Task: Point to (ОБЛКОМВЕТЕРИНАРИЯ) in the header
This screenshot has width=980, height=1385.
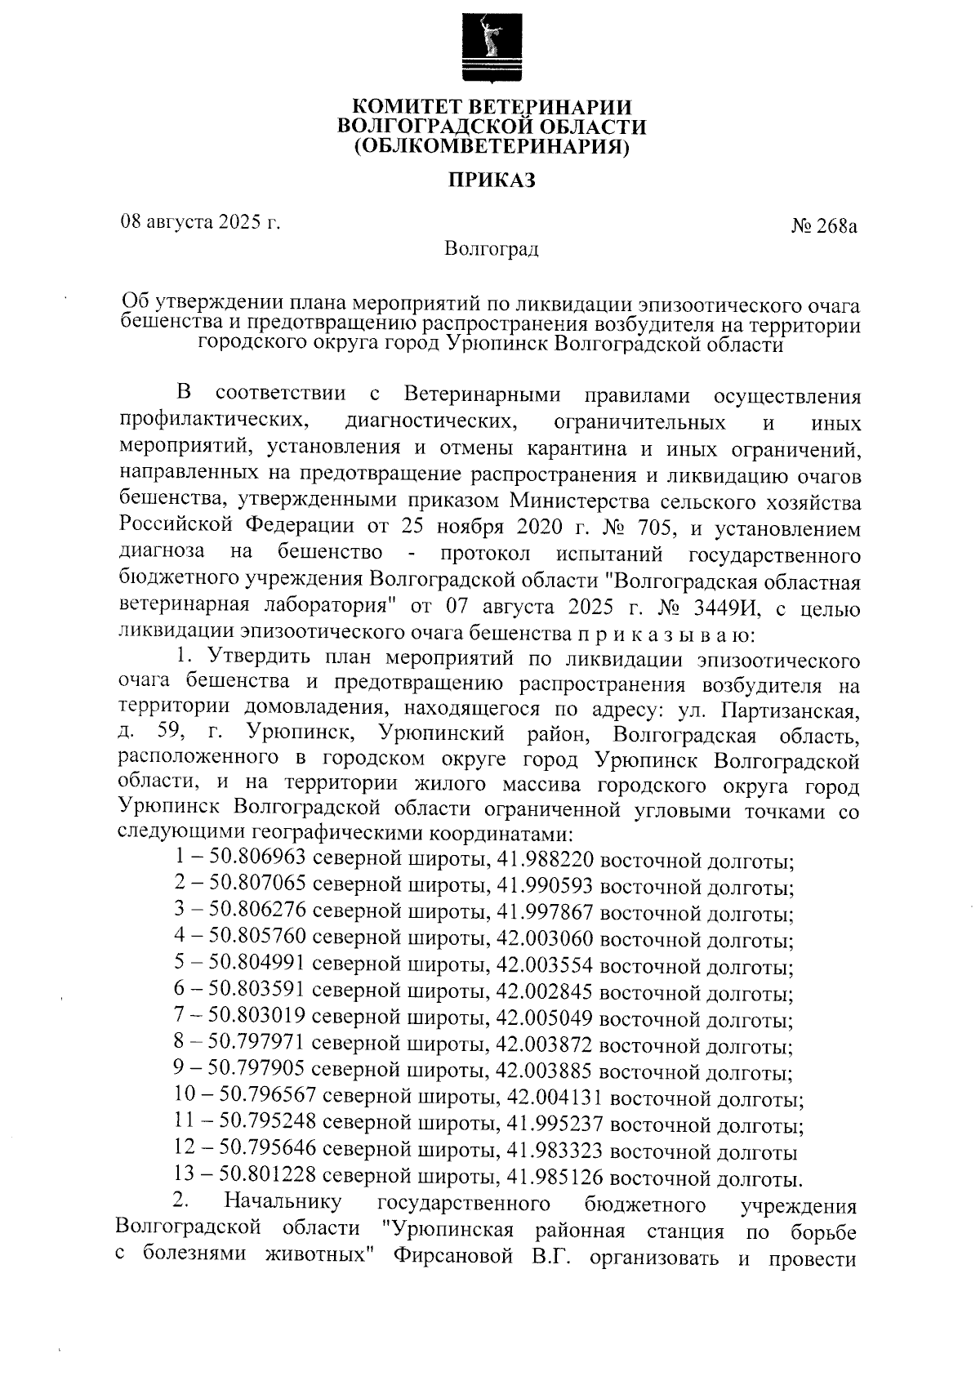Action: [491, 148]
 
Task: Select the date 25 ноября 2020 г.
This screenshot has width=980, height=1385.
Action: [492, 528]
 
